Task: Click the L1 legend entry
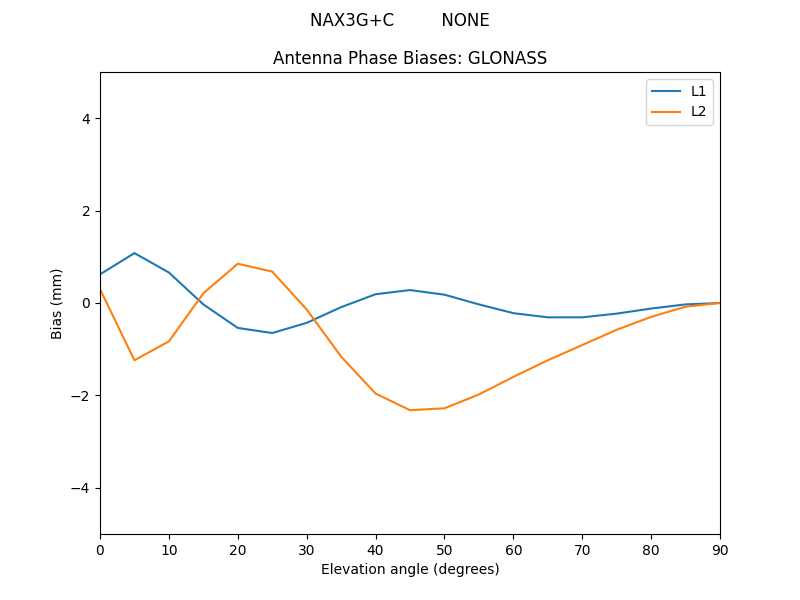click(x=698, y=91)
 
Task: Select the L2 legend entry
click(x=698, y=111)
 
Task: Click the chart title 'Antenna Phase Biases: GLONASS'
click(x=410, y=58)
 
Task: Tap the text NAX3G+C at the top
click(x=352, y=20)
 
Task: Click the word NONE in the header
click(x=465, y=20)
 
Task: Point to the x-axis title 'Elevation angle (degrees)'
click(x=410, y=569)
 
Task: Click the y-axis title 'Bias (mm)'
click(x=57, y=303)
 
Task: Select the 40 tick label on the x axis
click(x=376, y=549)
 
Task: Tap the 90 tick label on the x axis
click(x=720, y=549)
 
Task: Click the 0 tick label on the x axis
click(x=100, y=549)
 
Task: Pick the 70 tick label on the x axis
click(x=582, y=549)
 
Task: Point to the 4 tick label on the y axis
click(x=86, y=119)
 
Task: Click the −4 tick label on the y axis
click(x=81, y=488)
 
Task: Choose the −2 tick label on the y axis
click(x=81, y=396)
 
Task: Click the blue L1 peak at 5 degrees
click(x=134, y=253)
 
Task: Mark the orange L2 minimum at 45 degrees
click(x=410, y=410)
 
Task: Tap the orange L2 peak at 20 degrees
click(x=238, y=264)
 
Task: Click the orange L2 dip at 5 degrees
click(x=134, y=360)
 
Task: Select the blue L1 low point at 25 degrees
click(x=272, y=333)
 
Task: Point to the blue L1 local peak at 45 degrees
click(x=410, y=290)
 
